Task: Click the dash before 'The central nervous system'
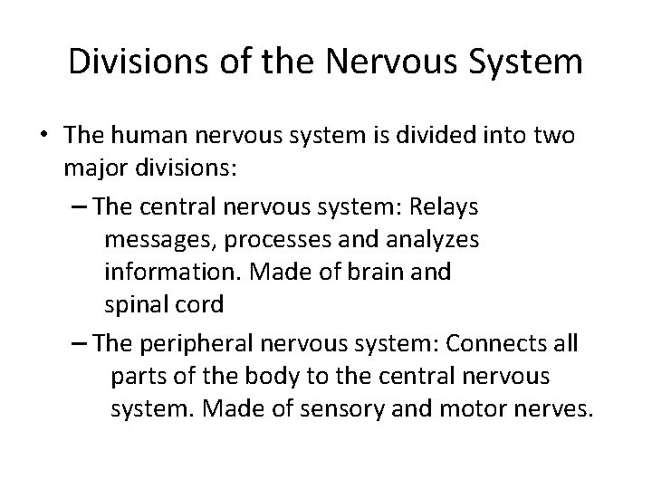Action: (x=78, y=206)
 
